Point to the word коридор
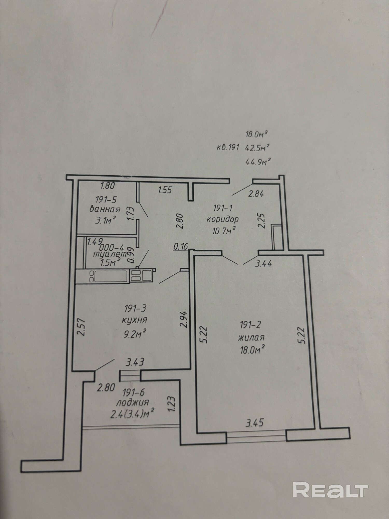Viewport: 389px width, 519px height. click(223, 219)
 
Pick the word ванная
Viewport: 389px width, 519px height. click(105, 209)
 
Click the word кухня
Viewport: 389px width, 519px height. click(135, 320)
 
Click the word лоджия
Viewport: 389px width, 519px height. click(133, 402)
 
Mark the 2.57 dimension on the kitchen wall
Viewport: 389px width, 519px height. click(81, 328)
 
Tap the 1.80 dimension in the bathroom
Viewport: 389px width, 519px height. click(107, 186)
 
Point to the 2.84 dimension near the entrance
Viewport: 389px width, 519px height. click(256, 194)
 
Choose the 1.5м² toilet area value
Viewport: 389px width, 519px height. click(110, 263)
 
